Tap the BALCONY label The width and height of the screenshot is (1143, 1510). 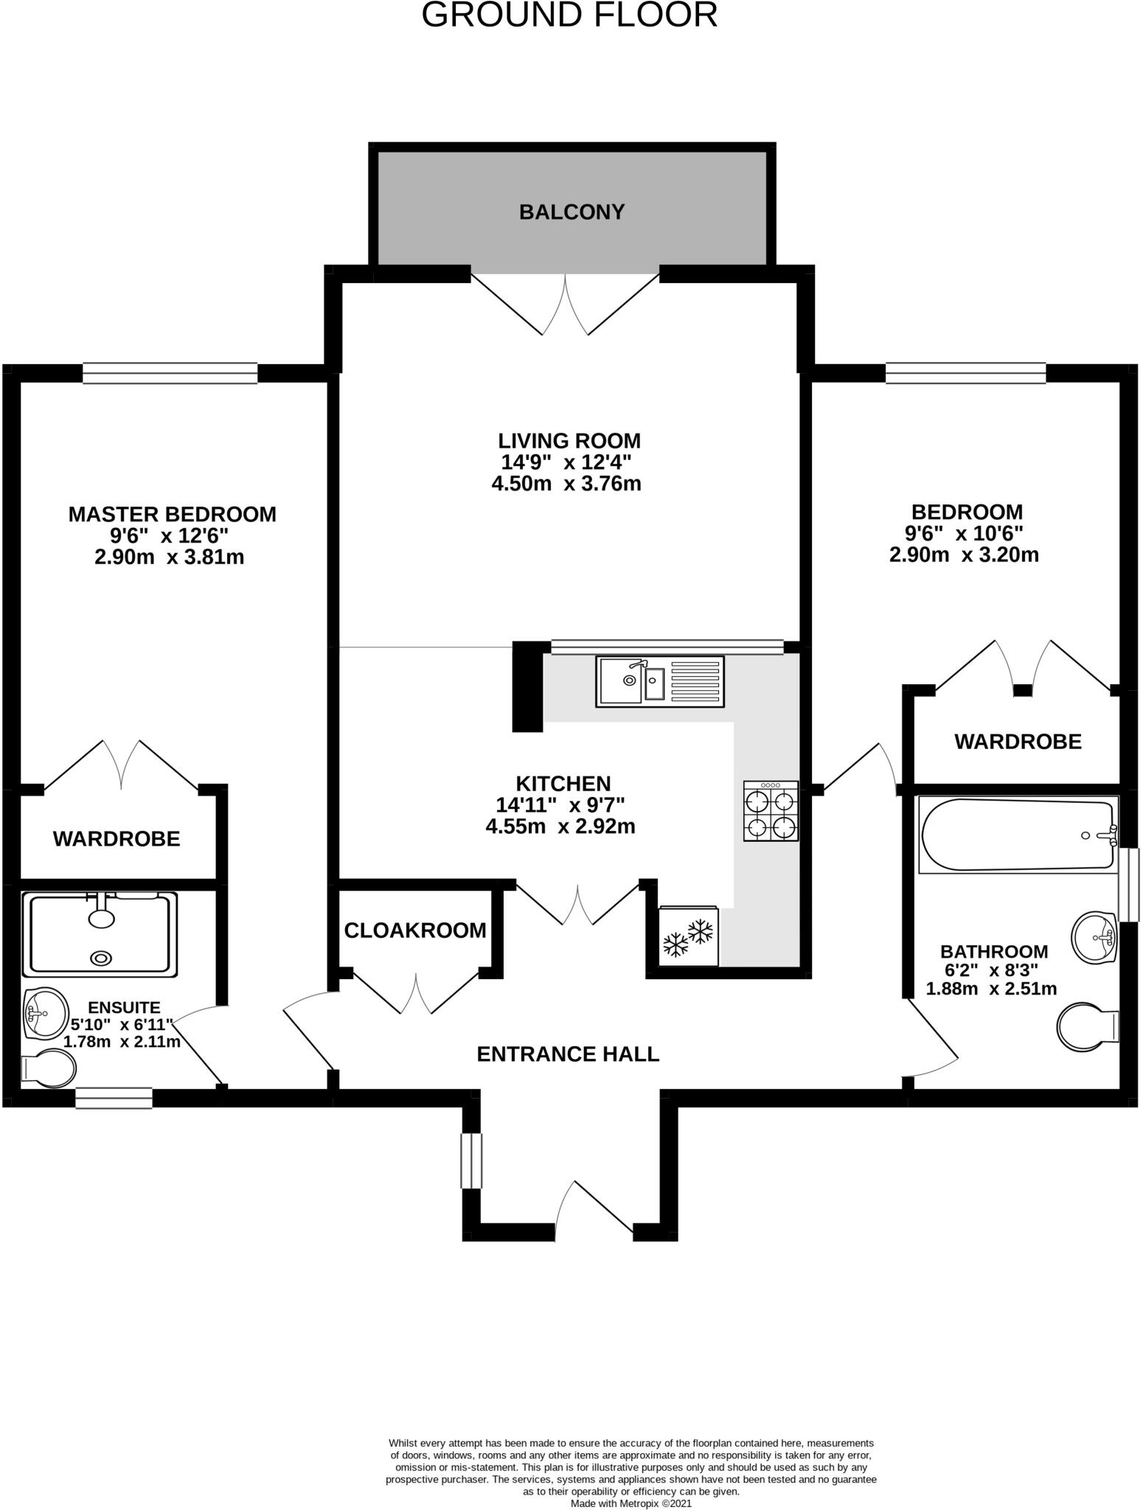[571, 212]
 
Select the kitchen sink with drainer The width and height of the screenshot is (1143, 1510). [660, 682]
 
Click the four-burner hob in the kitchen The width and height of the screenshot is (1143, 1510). [771, 812]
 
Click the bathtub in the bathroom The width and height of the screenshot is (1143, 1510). [1018, 835]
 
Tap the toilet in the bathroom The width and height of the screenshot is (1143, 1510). [1088, 1023]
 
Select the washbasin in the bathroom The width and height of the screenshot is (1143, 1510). [1097, 938]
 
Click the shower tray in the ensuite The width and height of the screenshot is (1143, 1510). [100, 933]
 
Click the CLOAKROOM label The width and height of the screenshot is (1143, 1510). [415, 930]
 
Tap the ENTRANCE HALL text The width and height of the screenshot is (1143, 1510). [568, 1054]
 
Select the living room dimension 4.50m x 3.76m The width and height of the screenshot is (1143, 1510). [566, 484]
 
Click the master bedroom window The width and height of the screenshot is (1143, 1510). [170, 373]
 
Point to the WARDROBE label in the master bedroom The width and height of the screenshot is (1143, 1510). [117, 839]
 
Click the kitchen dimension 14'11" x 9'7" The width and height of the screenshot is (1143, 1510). [561, 805]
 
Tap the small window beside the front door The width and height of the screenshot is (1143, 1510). [471, 1161]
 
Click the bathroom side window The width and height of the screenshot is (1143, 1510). [1129, 885]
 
